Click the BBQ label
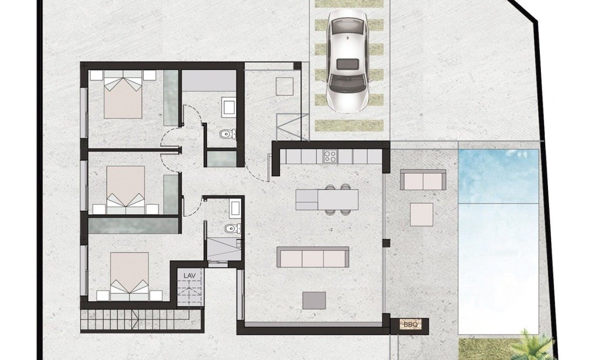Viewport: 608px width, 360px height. pos(410,325)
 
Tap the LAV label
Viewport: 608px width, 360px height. pos(190,276)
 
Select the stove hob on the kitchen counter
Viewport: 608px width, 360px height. pos(331,156)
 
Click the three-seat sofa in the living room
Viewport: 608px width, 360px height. pos(313,257)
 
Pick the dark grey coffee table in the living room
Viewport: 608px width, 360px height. pos(314,300)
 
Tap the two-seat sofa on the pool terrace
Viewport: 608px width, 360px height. pos(423,180)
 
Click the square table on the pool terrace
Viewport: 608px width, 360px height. pos(422,215)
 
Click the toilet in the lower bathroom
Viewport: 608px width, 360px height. pos(231,228)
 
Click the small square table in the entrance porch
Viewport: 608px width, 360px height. pos(284,86)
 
